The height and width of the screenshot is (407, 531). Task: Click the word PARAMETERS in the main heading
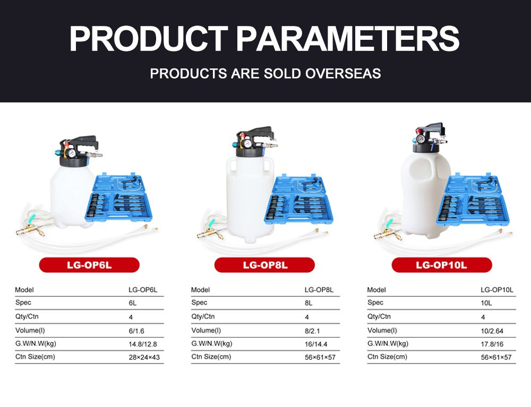(347, 38)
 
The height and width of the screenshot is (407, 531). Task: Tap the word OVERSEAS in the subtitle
(343, 73)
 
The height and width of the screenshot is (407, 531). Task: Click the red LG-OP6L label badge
(89, 265)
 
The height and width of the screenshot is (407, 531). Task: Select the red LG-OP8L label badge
(265, 265)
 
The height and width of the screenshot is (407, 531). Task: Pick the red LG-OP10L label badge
(442, 265)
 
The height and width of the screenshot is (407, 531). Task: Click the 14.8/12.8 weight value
(143, 344)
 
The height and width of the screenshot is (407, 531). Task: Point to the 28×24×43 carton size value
(144, 357)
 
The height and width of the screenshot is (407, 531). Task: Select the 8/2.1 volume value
(312, 331)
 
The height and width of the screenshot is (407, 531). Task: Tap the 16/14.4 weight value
(316, 344)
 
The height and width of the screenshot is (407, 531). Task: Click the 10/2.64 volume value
(492, 331)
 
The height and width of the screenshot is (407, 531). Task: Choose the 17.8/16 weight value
(492, 344)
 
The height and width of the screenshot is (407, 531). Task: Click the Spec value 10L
(486, 303)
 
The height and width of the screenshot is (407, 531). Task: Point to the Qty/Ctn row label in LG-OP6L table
(27, 317)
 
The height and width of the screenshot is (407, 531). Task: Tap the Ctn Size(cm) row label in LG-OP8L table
(211, 357)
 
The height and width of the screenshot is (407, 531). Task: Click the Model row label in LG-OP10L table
(376, 290)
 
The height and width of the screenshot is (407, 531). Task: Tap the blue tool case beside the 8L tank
(298, 200)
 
